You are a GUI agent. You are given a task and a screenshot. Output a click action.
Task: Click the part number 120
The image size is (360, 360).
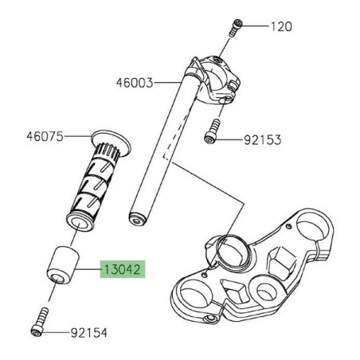point(282,26)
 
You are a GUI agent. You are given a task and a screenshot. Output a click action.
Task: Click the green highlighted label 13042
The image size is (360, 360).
point(121,270)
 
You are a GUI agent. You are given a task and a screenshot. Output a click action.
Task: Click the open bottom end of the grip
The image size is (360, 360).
point(78,219)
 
